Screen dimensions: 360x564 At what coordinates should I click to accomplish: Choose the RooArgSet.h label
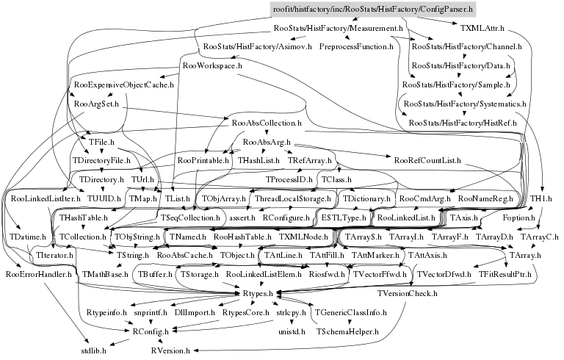97,104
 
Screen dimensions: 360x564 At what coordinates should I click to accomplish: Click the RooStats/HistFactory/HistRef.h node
468,122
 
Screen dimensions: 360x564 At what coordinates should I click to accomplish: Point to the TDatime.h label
27,237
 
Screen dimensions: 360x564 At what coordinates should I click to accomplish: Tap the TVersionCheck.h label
408,293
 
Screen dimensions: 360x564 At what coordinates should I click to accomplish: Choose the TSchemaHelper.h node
347,331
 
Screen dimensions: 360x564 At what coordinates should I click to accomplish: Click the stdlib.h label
94,350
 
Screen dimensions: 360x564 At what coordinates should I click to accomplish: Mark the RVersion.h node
172,350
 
